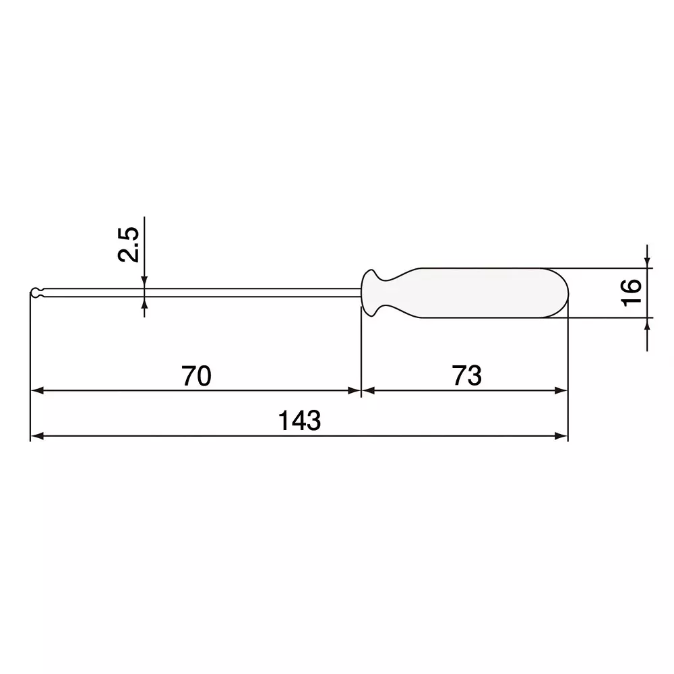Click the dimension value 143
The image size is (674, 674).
tap(300, 421)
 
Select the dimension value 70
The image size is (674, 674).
tap(196, 376)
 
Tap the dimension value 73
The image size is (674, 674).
tap(467, 376)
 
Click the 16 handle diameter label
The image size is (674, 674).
tap(631, 292)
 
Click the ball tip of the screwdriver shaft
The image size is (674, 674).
tap(36, 293)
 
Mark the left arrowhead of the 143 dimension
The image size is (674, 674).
tap(38, 436)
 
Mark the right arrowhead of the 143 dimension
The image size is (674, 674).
tap(561, 436)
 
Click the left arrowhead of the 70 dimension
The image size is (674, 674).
tap(38, 390)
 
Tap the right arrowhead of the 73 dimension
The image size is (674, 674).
tap(561, 390)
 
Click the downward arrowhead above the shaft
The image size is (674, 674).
tap(144, 282)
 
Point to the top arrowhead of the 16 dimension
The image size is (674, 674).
tap(647, 262)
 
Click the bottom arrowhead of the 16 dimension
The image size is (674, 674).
tap(647, 324)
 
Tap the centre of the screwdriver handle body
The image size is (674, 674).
tap(472, 293)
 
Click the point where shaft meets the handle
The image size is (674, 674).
tap(362, 293)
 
